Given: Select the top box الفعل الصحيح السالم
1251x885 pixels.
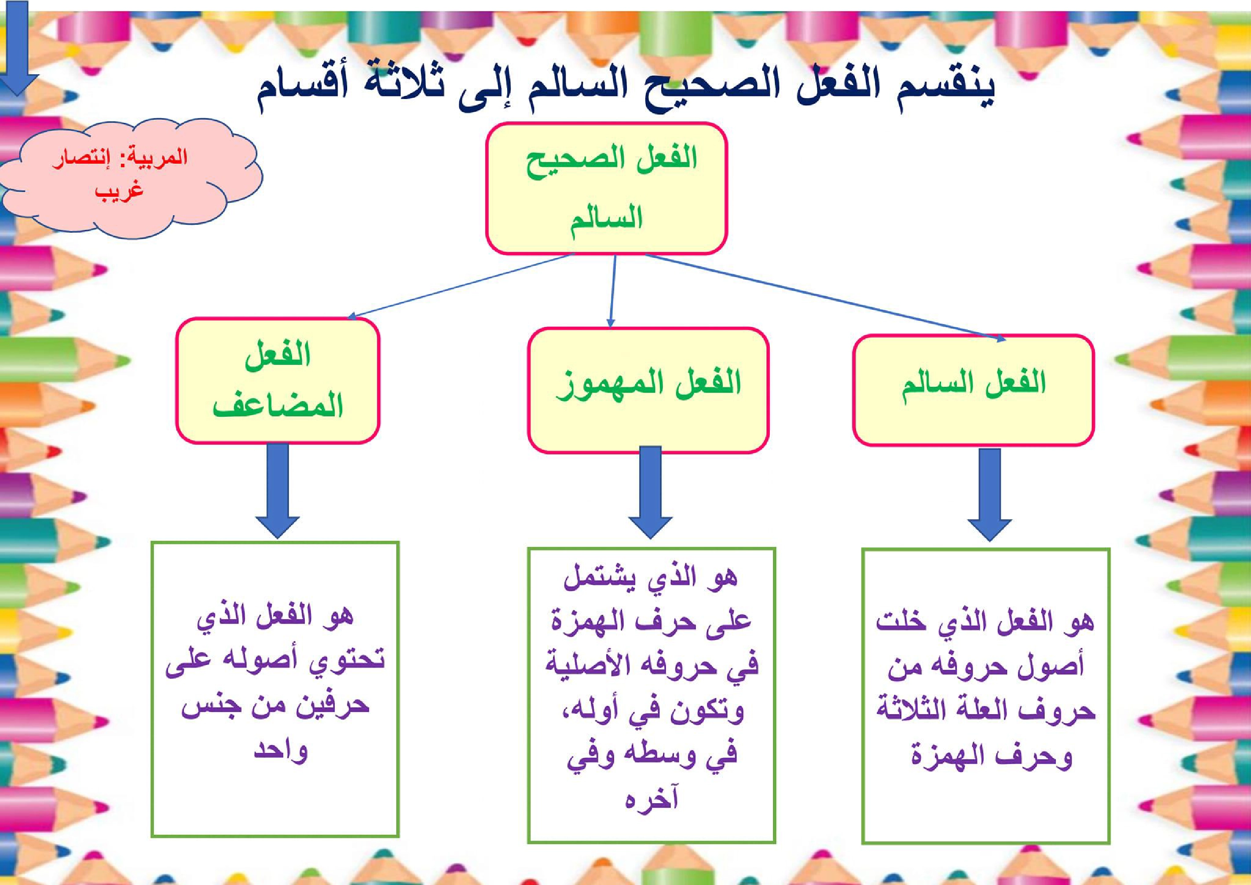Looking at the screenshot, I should coord(607,188).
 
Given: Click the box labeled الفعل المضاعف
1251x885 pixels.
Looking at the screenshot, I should coord(277,380).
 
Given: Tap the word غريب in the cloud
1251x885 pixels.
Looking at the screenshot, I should coord(121,192).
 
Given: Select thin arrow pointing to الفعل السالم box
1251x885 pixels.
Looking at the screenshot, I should coord(823,297).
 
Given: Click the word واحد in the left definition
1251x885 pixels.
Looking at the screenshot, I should coord(281,750).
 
